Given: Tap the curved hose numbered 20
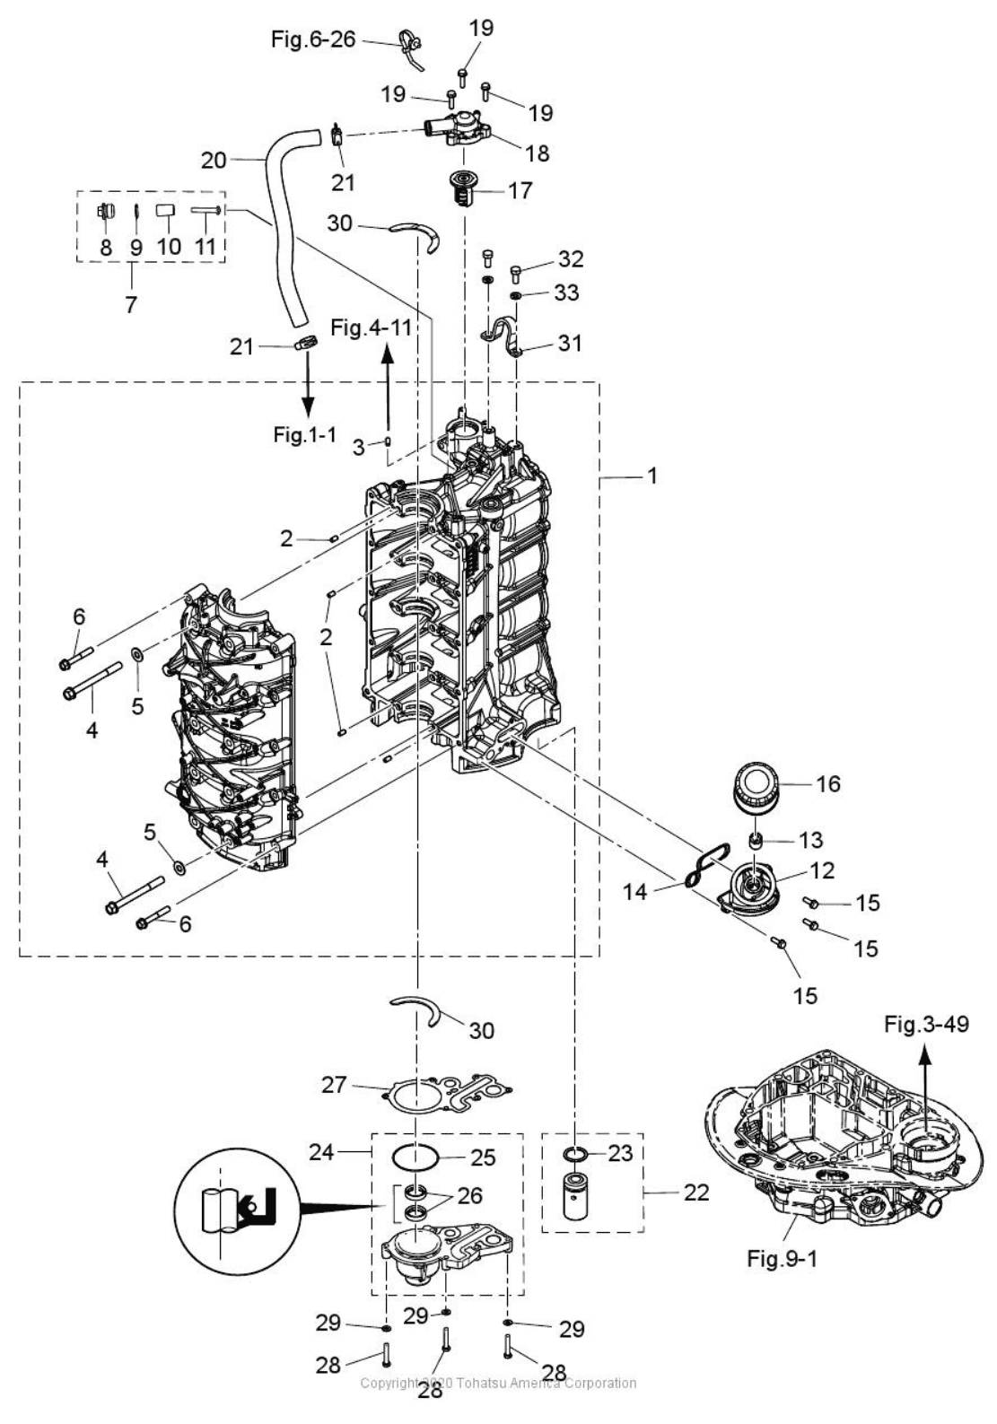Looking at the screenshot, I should click(283, 233).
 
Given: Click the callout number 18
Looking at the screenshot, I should click(537, 153).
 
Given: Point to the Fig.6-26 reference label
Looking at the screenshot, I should click(313, 39).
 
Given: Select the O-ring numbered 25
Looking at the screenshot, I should click(417, 1158).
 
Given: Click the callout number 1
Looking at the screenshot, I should click(652, 476).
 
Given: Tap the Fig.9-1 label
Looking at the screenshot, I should click(782, 1258).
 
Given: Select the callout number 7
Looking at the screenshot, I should click(131, 304).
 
